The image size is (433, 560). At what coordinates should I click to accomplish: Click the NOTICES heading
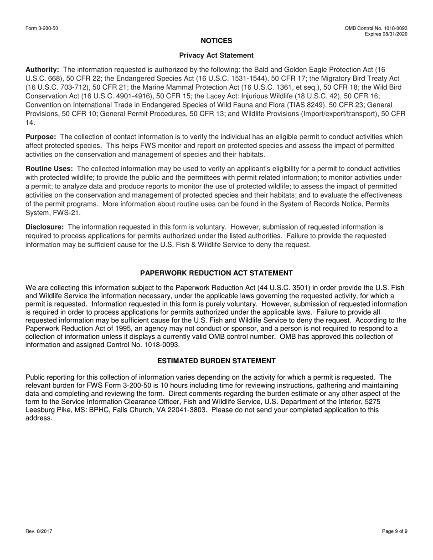click(216, 41)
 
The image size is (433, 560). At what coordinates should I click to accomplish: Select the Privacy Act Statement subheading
click(216, 56)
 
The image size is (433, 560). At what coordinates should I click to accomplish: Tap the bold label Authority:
click(42, 70)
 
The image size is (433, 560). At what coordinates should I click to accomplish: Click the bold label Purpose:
click(41, 137)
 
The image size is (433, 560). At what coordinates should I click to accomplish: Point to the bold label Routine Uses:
click(49, 169)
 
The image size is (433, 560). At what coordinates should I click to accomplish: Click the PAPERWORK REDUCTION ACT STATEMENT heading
click(216, 273)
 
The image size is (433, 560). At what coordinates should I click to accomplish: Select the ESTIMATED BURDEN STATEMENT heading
click(216, 361)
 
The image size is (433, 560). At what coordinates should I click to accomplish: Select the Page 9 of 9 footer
click(395, 531)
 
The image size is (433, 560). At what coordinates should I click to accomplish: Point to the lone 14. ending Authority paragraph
click(30, 122)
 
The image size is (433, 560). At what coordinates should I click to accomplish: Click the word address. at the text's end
click(39, 418)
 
